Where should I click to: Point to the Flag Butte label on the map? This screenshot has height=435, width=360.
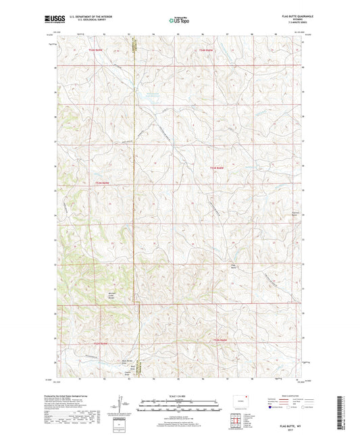pyautogui.click(x=234, y=266)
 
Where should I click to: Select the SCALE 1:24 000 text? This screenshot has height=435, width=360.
pyautogui.click(x=179, y=396)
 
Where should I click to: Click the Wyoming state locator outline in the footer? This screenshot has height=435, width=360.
pyautogui.click(x=236, y=399)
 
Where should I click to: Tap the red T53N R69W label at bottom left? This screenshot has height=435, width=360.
pyautogui.click(x=100, y=344)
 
